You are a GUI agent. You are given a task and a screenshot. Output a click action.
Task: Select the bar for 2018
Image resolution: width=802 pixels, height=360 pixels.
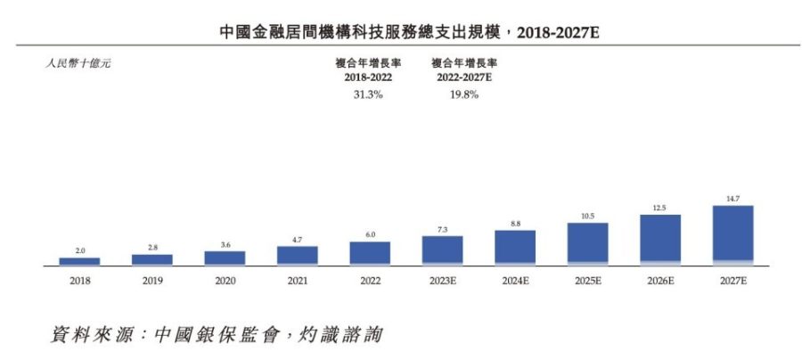click(x=79, y=261)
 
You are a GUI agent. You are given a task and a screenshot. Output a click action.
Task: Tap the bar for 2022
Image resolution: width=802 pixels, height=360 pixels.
click(x=370, y=253)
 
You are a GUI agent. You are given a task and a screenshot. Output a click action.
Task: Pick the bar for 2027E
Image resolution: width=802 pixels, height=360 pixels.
click(x=732, y=235)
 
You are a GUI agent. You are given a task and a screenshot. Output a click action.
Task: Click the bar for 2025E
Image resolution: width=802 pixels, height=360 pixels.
click(x=587, y=243)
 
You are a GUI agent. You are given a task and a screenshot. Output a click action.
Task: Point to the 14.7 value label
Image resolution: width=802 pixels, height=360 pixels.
click(x=732, y=200)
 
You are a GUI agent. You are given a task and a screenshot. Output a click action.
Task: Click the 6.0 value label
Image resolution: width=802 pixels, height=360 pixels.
click(x=370, y=234)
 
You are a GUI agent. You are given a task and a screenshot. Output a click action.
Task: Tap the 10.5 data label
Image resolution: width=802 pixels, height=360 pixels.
click(x=587, y=216)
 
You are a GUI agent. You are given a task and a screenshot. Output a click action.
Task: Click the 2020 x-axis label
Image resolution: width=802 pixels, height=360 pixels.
click(x=225, y=281)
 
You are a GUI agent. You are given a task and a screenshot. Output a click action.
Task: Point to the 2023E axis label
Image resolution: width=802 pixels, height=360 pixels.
click(x=442, y=281)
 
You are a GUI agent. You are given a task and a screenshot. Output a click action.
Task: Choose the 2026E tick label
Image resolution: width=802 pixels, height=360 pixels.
click(x=660, y=281)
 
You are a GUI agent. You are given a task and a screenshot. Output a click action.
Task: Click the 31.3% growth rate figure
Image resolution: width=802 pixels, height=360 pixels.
click(x=364, y=94)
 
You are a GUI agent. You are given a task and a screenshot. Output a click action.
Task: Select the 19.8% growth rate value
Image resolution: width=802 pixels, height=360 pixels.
click(x=463, y=94)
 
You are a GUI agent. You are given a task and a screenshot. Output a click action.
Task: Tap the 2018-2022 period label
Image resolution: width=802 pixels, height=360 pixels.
click(x=364, y=78)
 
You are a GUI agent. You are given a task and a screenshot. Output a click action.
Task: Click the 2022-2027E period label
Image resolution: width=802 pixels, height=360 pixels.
click(x=463, y=78)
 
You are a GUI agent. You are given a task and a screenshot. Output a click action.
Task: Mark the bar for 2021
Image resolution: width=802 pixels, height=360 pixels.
click(x=298, y=256)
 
